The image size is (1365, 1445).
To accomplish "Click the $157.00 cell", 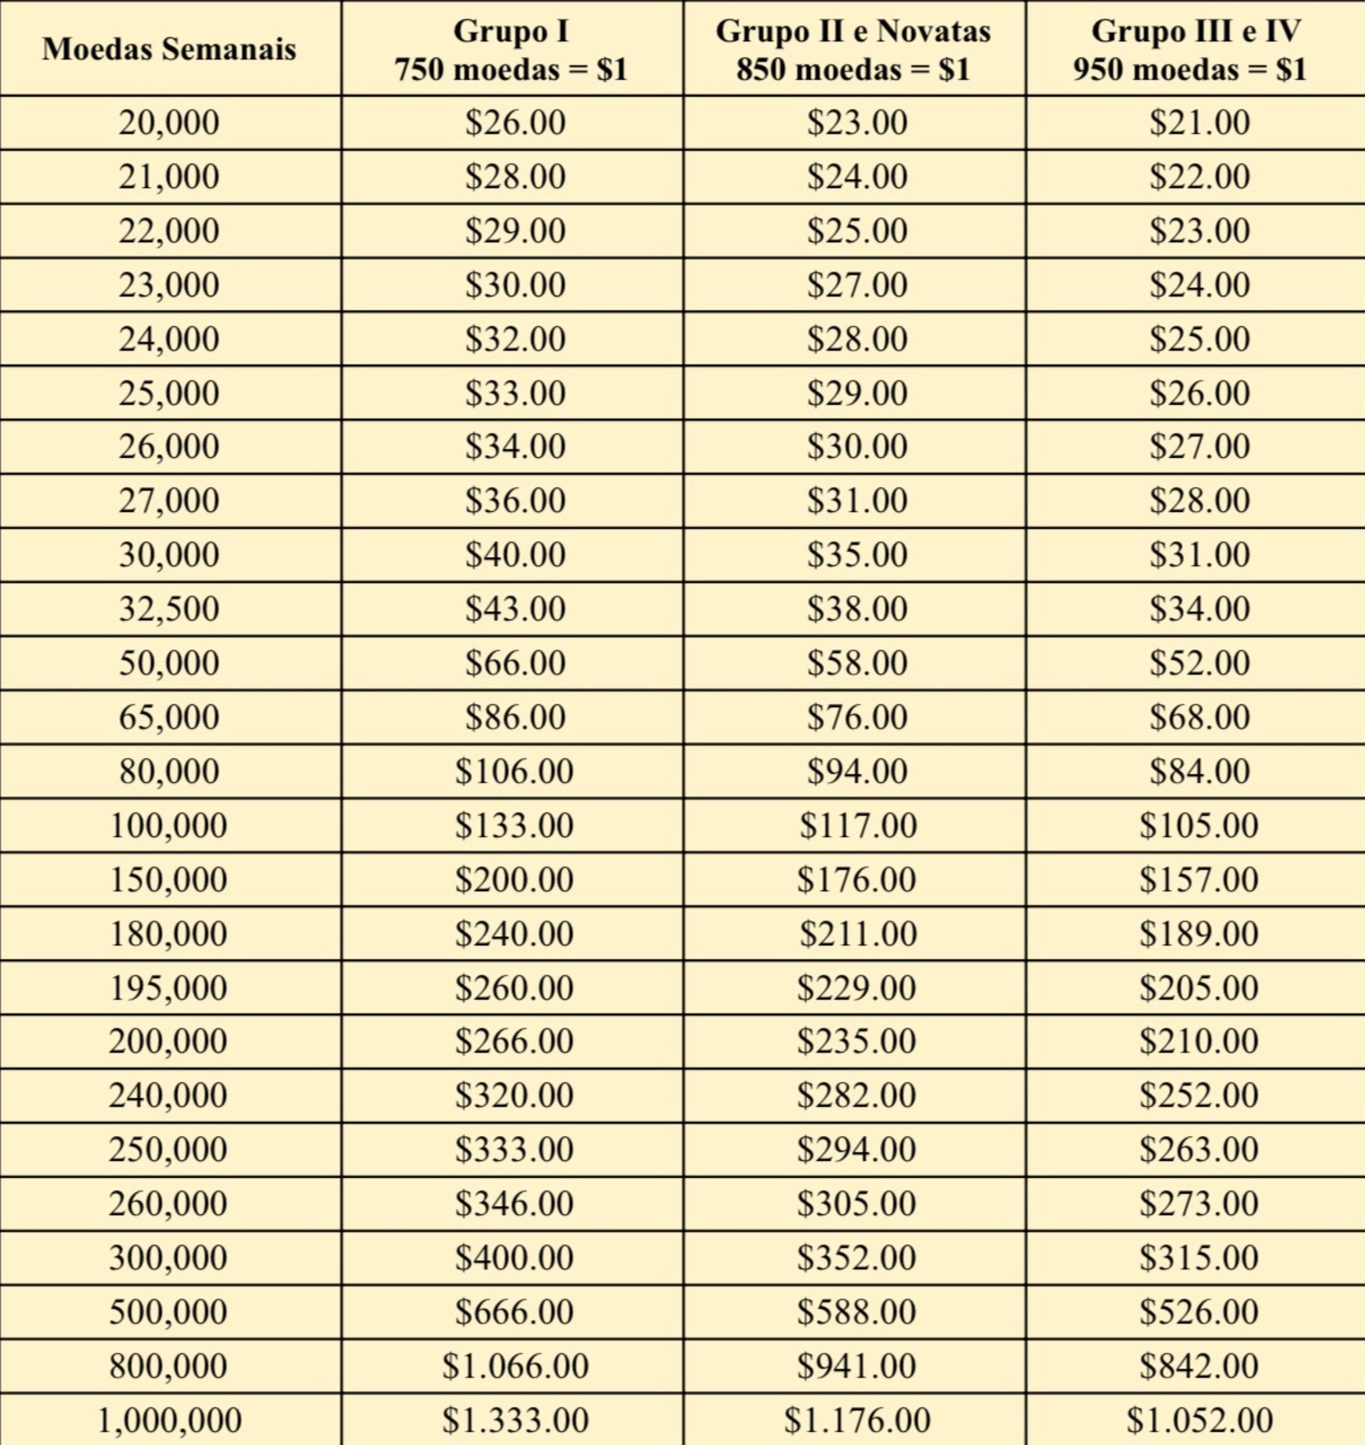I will pos(1199,879).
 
